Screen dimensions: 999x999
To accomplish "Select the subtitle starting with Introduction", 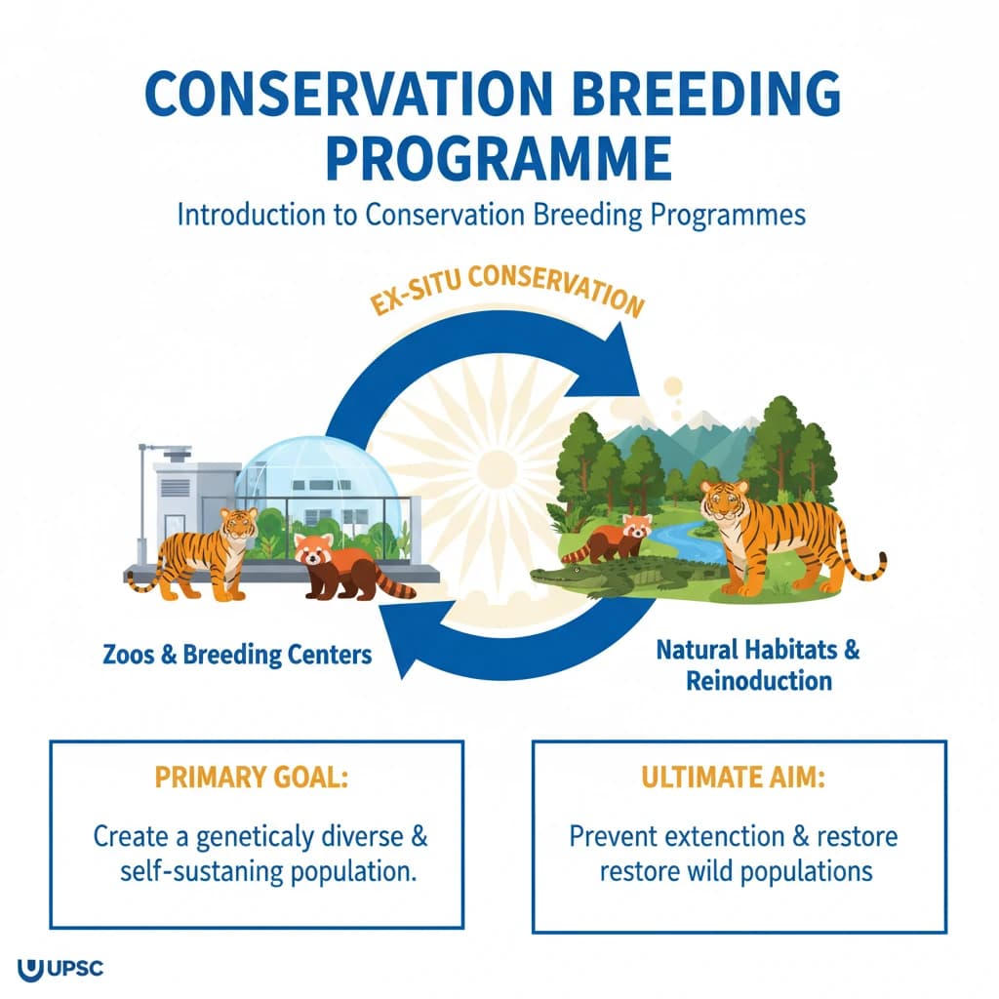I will (x=491, y=215).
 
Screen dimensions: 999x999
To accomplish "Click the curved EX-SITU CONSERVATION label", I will (x=507, y=288).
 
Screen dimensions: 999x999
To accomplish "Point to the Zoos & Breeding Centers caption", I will (x=237, y=654).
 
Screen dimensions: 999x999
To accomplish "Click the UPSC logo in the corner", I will (x=60, y=971).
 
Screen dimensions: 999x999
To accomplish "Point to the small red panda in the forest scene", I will (x=615, y=537).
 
